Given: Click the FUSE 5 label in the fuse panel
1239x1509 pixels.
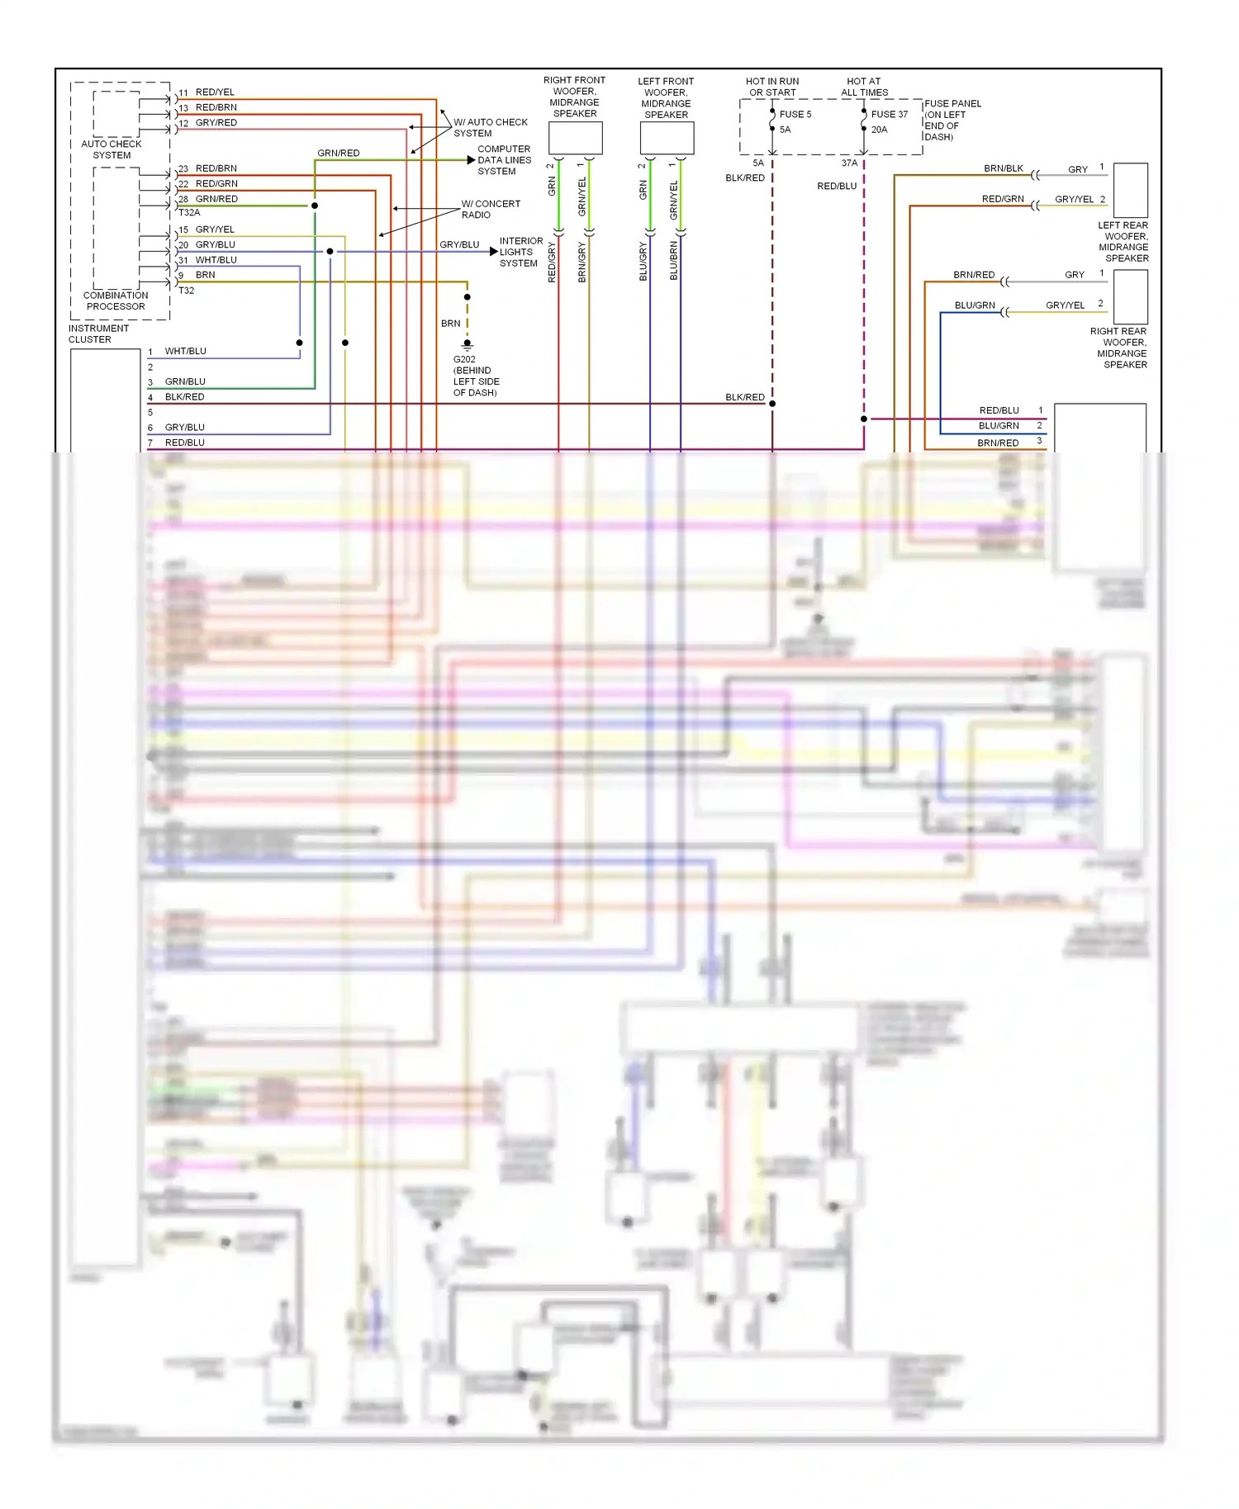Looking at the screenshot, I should (x=795, y=115).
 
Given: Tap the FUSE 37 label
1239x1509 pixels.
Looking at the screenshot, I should (x=889, y=115).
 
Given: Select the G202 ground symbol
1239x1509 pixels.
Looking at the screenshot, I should (x=468, y=344).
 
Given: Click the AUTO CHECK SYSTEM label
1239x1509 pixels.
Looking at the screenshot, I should (x=112, y=149).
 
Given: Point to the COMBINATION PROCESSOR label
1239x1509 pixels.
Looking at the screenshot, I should (x=116, y=300).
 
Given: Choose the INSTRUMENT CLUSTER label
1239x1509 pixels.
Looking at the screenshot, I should (x=98, y=333).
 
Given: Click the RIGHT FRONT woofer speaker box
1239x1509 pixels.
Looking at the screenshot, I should (x=576, y=138).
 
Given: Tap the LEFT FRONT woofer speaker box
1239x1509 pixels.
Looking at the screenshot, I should (x=667, y=138).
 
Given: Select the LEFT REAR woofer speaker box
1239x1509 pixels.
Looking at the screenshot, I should (x=1131, y=190).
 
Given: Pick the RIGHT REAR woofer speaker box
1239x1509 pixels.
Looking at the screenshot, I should (x=1131, y=296).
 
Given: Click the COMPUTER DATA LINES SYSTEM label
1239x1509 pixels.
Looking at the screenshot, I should (x=504, y=160).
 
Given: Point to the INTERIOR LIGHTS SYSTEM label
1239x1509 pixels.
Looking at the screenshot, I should (x=520, y=252).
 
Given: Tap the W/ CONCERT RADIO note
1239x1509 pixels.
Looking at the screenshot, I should (x=491, y=209).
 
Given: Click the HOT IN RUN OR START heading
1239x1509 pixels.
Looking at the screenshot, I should (x=772, y=87).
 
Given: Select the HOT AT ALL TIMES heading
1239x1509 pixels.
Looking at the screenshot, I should (x=864, y=87).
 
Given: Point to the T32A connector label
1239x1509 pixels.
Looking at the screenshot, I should (x=189, y=213).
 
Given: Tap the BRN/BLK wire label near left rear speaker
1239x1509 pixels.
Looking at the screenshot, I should (x=1003, y=168).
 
